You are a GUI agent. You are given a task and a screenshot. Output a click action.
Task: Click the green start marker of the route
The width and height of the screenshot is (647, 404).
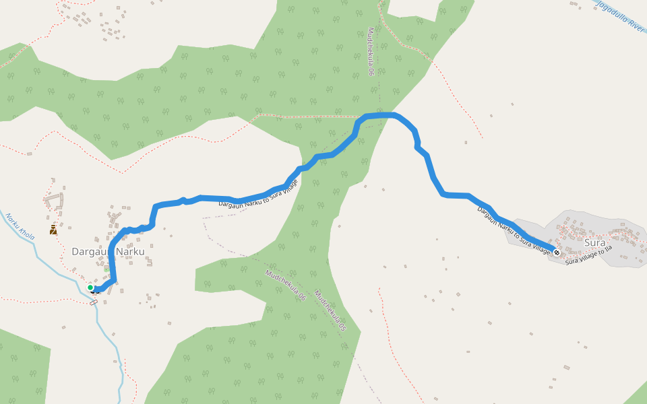[90, 288]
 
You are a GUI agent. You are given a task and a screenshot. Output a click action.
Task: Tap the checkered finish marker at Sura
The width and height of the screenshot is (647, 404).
[557, 252]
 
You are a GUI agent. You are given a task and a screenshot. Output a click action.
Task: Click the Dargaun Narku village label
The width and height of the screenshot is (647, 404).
[108, 252]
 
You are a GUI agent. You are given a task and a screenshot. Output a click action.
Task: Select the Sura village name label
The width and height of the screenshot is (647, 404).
[595, 242]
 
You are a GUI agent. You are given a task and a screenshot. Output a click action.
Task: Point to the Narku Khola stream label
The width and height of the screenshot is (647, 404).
[20, 226]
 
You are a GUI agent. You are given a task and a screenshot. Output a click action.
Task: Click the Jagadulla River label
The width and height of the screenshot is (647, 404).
[620, 15]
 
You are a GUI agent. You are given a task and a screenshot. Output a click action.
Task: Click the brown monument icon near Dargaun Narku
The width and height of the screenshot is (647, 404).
[53, 230]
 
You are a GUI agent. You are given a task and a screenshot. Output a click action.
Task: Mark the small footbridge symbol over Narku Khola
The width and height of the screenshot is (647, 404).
[93, 302]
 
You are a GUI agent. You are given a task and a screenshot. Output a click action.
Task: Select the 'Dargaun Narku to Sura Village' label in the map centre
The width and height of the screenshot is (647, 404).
[258, 195]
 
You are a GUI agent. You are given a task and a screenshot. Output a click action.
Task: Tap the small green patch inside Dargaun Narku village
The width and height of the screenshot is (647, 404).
[106, 269]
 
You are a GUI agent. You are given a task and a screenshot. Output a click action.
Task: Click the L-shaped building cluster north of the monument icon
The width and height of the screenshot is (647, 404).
[54, 201]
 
